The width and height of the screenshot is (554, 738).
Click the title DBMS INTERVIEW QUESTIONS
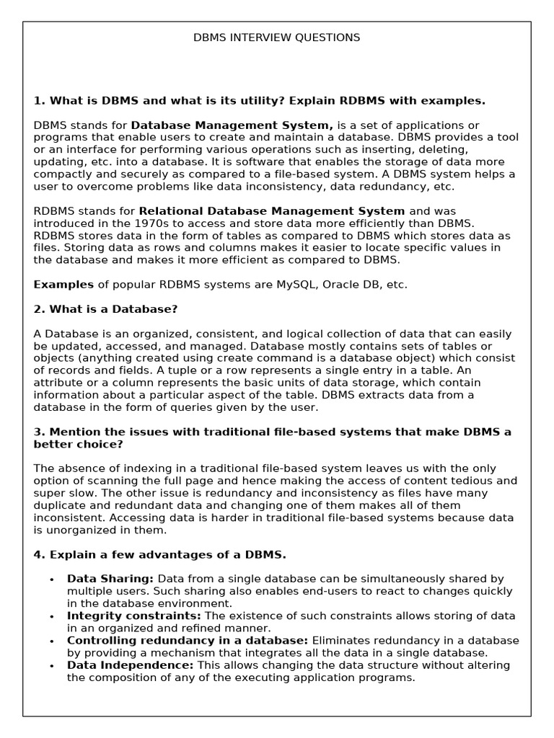277,37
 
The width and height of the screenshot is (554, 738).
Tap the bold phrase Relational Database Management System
272,211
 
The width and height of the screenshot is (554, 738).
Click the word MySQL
296,285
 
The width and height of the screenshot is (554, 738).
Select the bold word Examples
63,285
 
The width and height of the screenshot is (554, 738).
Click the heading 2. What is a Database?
106,309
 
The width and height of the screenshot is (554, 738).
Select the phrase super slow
58,493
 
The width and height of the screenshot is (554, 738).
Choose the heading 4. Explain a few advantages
159,554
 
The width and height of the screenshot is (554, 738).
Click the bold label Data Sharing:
110,579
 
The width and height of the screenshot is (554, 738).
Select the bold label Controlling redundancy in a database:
188,641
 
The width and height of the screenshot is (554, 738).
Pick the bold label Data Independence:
131,665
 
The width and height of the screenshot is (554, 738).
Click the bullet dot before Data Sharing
52,579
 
